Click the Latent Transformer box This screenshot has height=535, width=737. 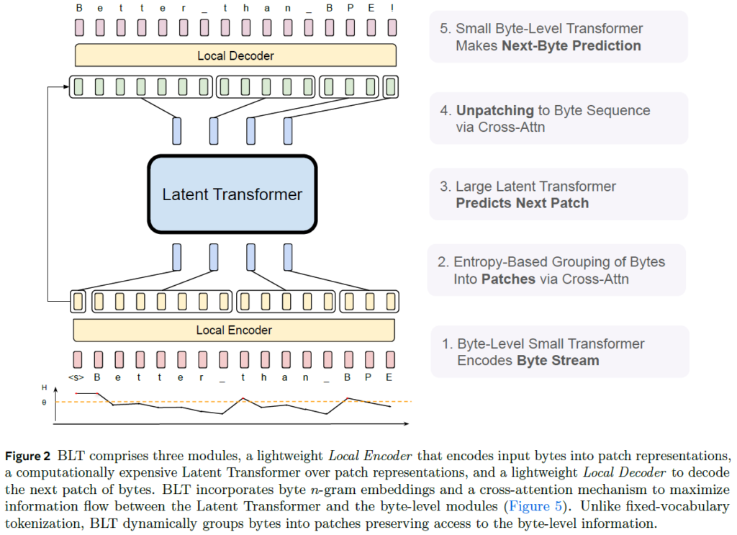[x=232, y=194]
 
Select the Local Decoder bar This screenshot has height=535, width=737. [x=235, y=55]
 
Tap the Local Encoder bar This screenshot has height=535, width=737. [x=234, y=330]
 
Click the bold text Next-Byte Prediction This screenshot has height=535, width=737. [x=548, y=46]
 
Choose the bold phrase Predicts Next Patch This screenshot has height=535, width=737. [x=523, y=203]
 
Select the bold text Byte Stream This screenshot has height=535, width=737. [x=558, y=360]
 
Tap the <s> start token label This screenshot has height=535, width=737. [x=74, y=377]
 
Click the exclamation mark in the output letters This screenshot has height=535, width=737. [x=392, y=9]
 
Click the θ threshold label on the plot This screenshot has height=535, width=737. [x=44, y=402]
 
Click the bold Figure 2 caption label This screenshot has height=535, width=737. [x=28, y=456]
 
